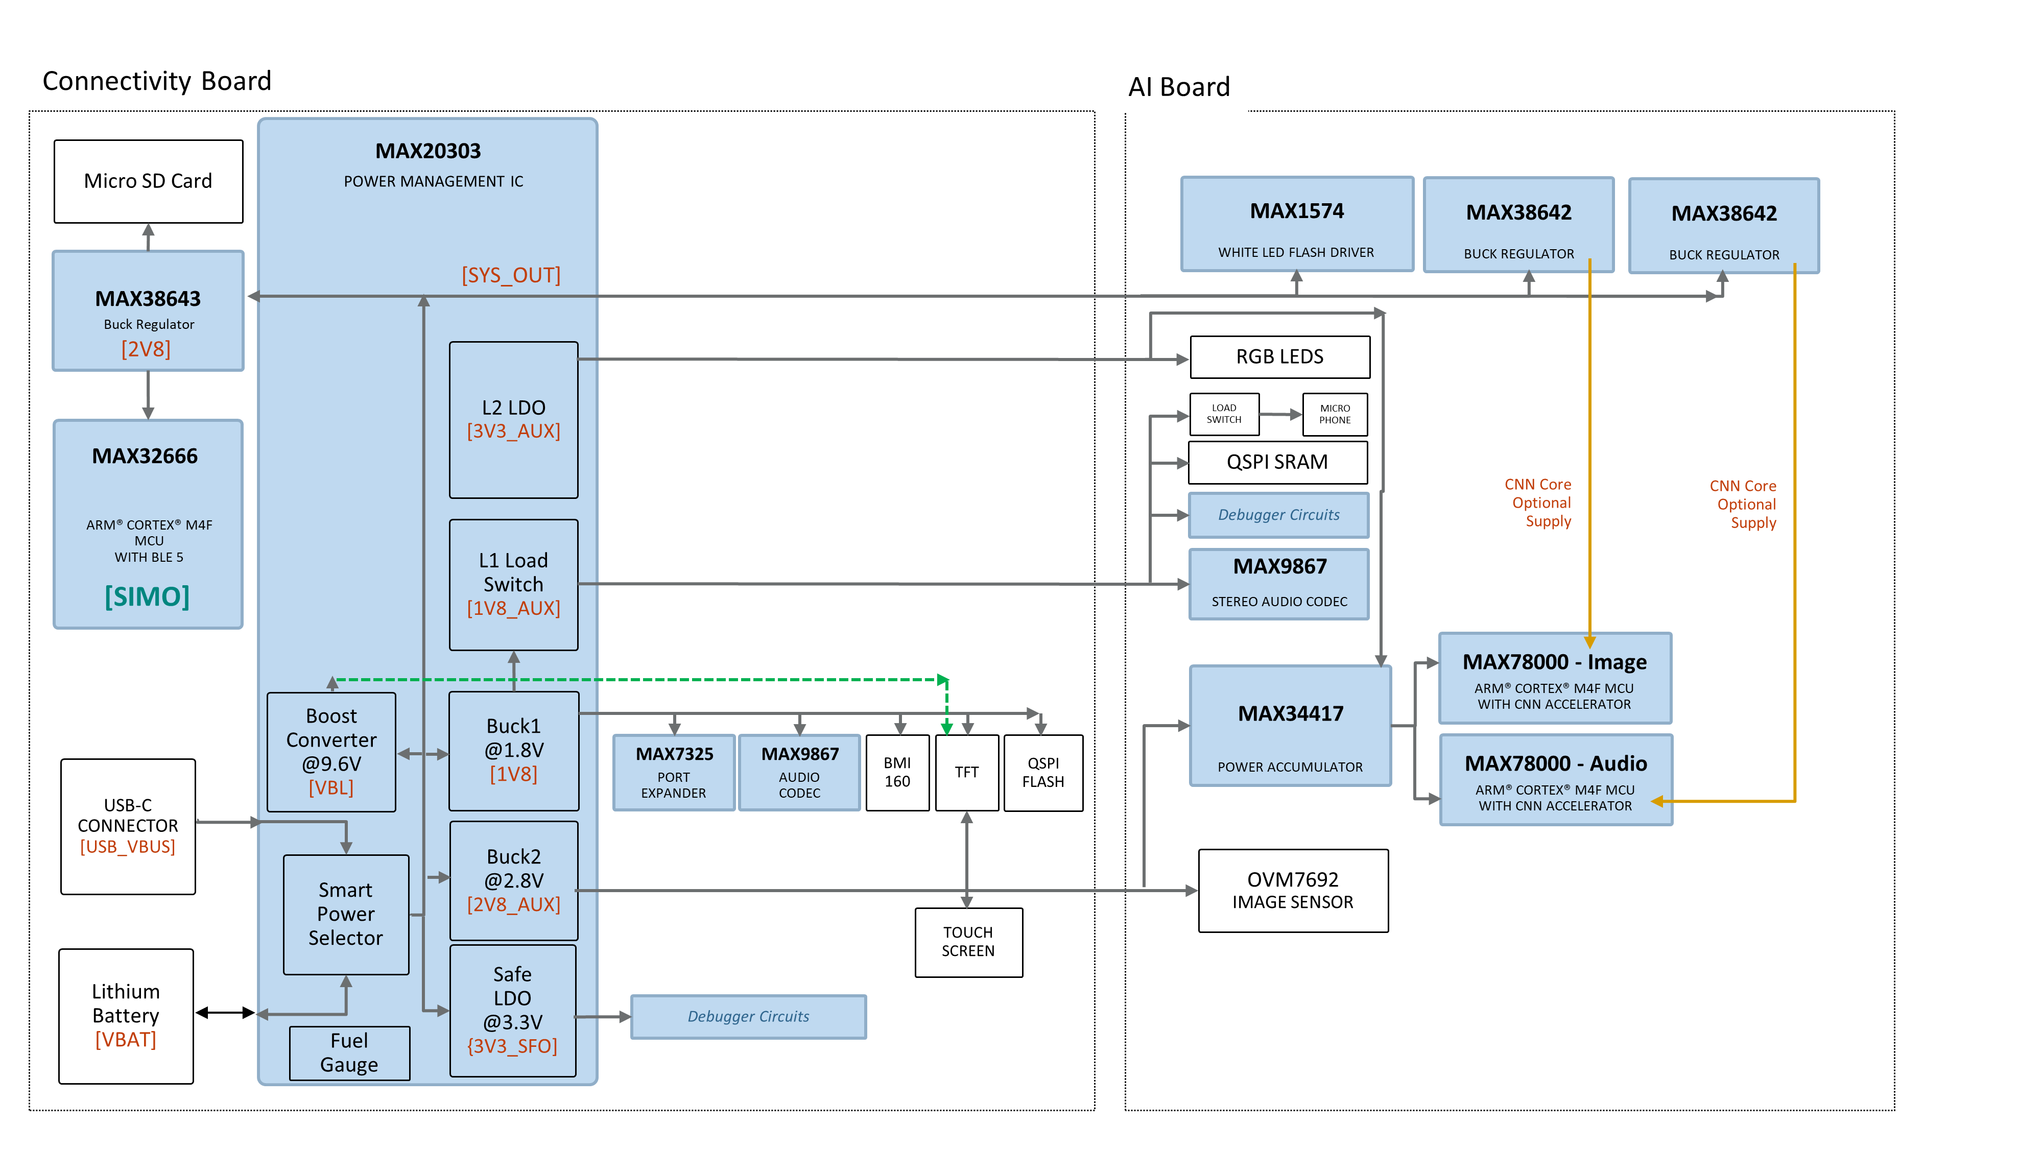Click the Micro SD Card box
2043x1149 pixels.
[148, 182]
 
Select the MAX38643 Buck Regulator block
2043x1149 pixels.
[148, 311]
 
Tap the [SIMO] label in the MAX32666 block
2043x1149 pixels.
[148, 596]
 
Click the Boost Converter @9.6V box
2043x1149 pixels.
[331, 752]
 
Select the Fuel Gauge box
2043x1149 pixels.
[350, 1052]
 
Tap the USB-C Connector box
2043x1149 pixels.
[128, 826]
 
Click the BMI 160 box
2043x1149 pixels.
[898, 772]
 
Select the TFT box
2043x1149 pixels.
[967, 772]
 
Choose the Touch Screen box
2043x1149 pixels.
[968, 942]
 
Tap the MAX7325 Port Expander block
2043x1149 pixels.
[674, 772]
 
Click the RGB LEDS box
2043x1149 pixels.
[1280, 357]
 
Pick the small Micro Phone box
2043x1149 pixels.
[1335, 414]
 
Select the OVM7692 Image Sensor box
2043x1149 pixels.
[1294, 891]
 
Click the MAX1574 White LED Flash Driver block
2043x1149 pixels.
[1297, 224]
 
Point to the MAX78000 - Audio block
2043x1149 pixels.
[1556, 780]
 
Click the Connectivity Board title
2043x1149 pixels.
[157, 81]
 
